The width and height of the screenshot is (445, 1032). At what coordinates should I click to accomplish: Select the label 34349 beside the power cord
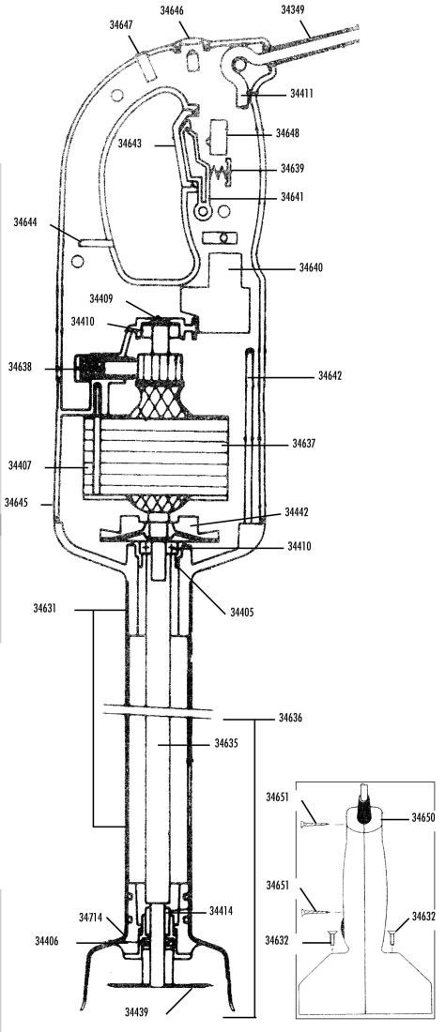click(292, 10)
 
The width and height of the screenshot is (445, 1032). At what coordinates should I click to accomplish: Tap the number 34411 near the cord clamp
click(301, 94)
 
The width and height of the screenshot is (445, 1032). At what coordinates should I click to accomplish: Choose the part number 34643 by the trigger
click(130, 143)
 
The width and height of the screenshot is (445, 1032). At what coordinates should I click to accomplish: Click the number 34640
click(311, 268)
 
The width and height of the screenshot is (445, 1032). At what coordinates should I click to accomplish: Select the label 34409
click(101, 298)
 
